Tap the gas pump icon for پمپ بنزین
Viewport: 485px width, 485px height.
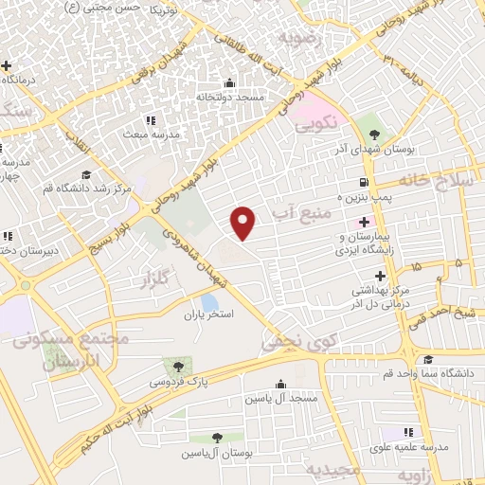pyautogui.click(x=364, y=183)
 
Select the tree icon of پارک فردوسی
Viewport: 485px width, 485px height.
pyautogui.click(x=174, y=366)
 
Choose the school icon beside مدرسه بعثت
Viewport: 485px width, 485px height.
pyautogui.click(x=150, y=119)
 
